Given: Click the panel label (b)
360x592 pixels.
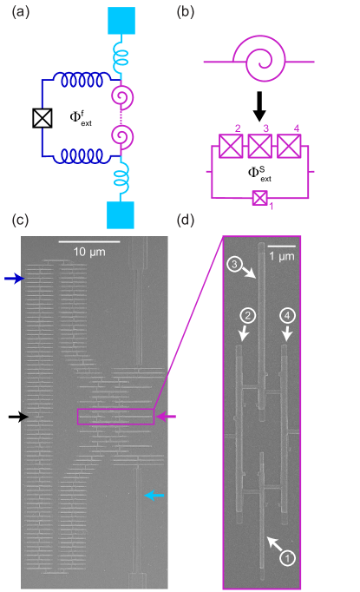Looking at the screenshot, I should pyautogui.click(x=185, y=12).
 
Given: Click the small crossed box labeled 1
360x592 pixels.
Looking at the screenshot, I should pyautogui.click(x=259, y=199).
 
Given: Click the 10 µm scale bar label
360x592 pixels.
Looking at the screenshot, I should pyautogui.click(x=89, y=252).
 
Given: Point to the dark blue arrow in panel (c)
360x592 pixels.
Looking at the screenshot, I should pyautogui.click(x=15, y=279).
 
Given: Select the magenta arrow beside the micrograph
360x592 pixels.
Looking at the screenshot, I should pyautogui.click(x=167, y=418).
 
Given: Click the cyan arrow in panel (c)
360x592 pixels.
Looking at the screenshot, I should pyautogui.click(x=154, y=496).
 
